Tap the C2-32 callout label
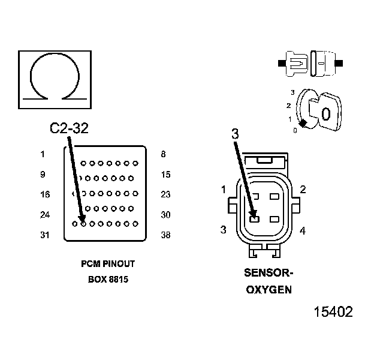pos(69,128)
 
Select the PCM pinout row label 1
pos(43,154)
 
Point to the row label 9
pos(43,175)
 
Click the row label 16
pos(44,194)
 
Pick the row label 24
pos(44,215)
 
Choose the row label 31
pos(44,235)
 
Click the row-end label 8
pos(163,154)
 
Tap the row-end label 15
pos(165,175)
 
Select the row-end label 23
pos(165,194)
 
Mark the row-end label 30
pos(165,215)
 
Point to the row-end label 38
pos(165,235)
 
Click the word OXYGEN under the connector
pos(269,290)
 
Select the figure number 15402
pos(333,313)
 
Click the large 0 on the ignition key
pos(325,113)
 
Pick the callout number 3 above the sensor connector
pos(235,134)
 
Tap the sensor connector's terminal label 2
pos(303,190)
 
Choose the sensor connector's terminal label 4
pos(303,230)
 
